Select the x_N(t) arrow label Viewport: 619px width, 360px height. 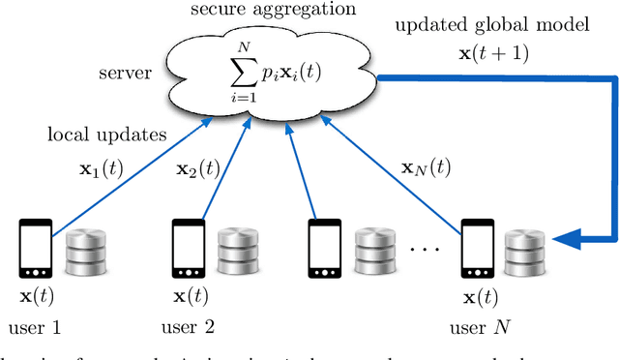click(x=426, y=167)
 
